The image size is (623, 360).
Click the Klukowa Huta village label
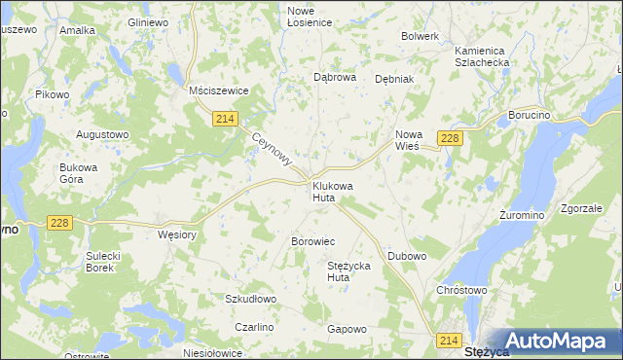click(x=332, y=191)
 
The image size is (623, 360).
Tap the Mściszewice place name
click(x=219, y=90)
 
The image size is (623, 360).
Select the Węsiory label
click(x=177, y=234)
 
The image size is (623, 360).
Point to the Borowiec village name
click(x=313, y=240)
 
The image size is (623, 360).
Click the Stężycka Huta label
click(x=351, y=270)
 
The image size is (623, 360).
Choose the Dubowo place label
click(x=407, y=256)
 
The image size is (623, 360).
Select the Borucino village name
click(x=531, y=115)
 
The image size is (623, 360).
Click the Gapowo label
click(x=347, y=329)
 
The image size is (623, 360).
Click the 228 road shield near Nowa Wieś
click(x=450, y=138)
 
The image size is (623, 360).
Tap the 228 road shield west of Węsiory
click(x=59, y=223)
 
